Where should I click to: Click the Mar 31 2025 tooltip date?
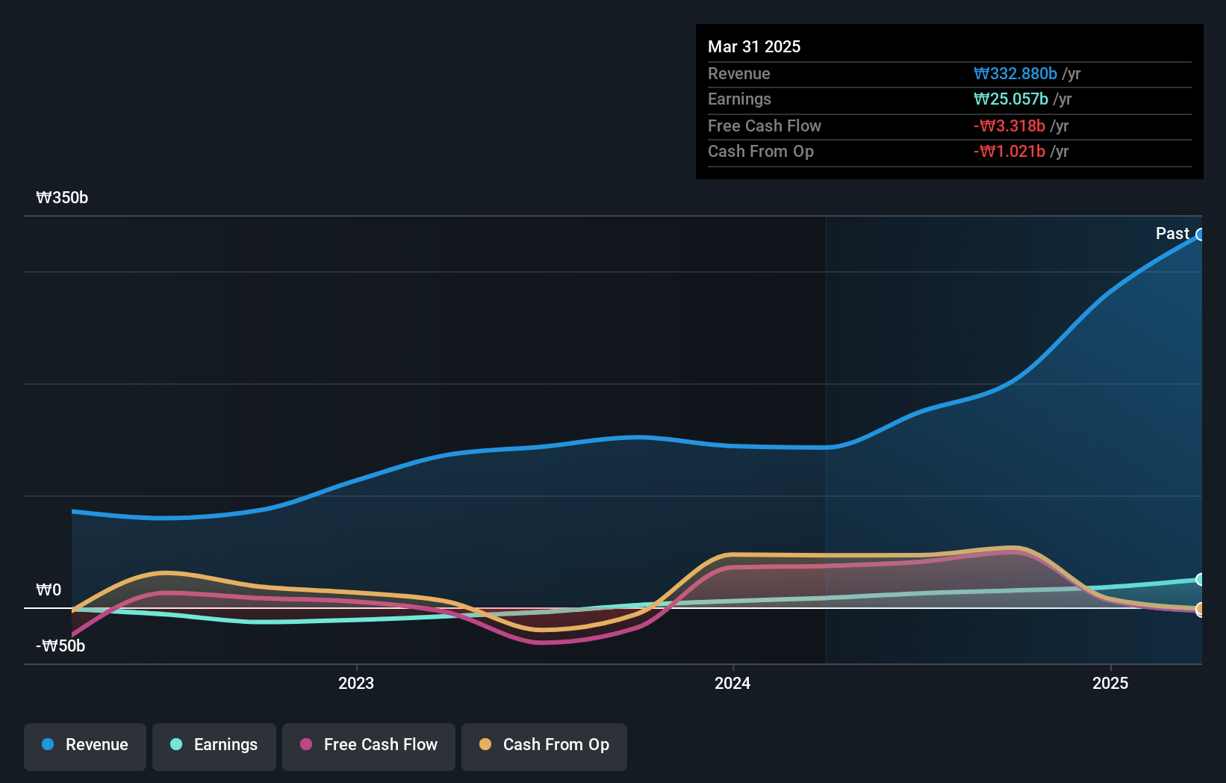coord(753,46)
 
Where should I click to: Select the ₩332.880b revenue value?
coord(1015,73)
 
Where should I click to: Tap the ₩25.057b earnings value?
coord(1010,99)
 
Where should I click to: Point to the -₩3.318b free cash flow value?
coord(1009,126)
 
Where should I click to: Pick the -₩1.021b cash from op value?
coord(1009,151)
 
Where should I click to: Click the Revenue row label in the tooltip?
coord(738,73)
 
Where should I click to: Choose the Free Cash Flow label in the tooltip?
coord(764,126)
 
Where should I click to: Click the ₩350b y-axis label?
coord(62,197)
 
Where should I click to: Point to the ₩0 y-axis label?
coord(49,589)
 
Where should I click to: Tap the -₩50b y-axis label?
coord(60,646)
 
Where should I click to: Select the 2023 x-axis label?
coord(355,683)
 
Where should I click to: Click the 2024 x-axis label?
coord(732,683)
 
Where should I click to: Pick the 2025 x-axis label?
coord(1110,683)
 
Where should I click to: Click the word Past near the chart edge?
coord(1171,233)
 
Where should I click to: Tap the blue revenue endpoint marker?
coord(1200,235)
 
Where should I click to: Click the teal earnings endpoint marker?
coord(1200,579)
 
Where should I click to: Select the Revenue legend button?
coord(85,746)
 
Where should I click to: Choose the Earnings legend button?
coord(214,746)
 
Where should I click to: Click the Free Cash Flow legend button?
coord(368,746)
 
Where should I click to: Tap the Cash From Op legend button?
coord(544,746)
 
